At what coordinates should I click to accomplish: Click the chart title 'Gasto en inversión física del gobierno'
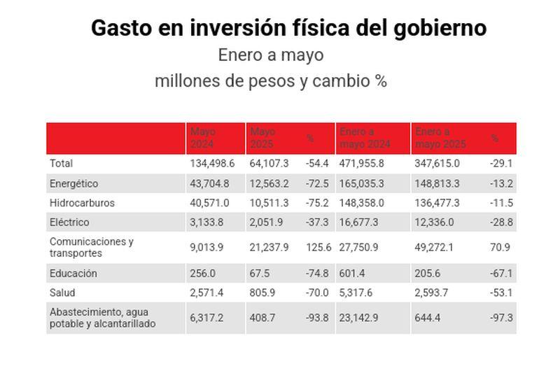[x=288, y=28]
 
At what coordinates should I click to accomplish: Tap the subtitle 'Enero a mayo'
[x=270, y=55]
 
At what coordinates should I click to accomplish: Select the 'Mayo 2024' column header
[x=202, y=139]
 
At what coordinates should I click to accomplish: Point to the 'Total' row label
[x=61, y=163]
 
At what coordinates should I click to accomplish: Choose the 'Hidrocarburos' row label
[x=82, y=203]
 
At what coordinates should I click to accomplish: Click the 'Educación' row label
[x=73, y=274]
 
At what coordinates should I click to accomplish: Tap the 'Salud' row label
[x=62, y=292]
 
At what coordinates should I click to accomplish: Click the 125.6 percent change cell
[x=317, y=247]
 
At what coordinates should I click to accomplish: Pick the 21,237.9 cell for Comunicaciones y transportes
[x=269, y=247]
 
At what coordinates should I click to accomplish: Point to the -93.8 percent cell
[x=317, y=318]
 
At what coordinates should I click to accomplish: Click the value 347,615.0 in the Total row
[x=437, y=163]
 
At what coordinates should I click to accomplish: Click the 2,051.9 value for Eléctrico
[x=267, y=222]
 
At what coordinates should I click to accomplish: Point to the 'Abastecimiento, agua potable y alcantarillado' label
[x=102, y=318]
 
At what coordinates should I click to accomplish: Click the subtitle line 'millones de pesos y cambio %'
[x=270, y=81]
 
